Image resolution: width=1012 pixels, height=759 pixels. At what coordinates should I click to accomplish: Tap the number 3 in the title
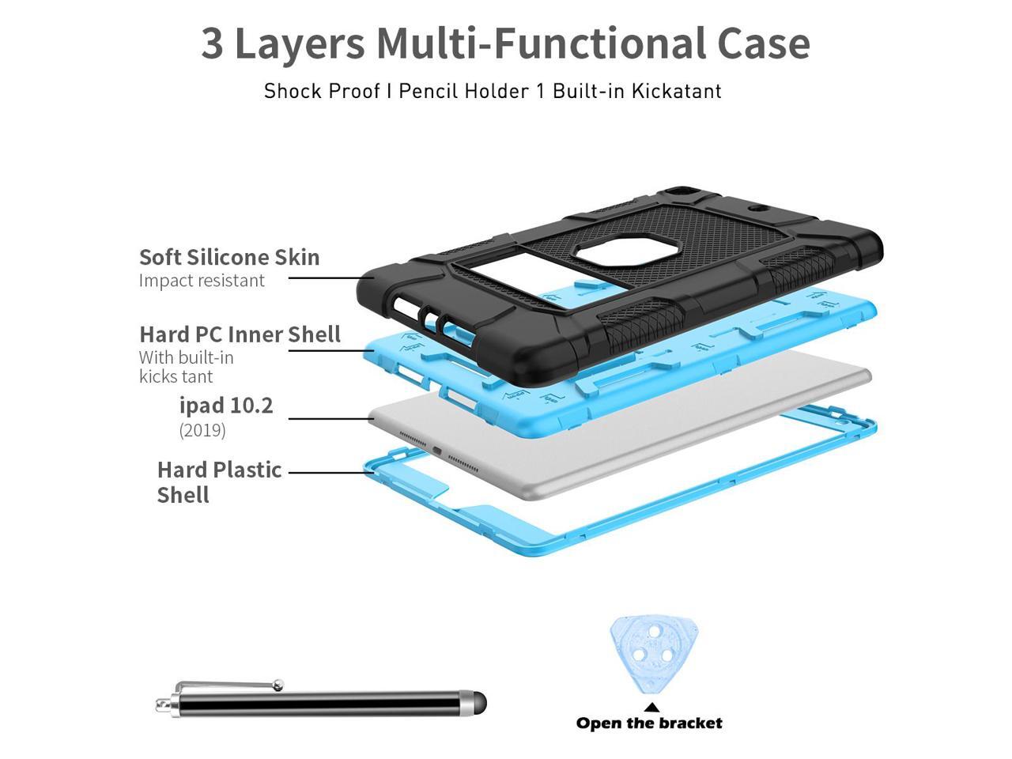tap(212, 43)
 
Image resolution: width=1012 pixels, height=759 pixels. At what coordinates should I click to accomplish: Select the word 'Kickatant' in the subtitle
tap(676, 91)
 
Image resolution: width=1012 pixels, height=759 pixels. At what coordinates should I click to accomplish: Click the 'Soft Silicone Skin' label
tap(229, 257)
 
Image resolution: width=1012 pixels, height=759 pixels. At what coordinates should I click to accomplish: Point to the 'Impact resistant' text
tap(202, 281)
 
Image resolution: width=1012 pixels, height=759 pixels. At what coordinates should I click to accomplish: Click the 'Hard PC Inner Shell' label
tap(240, 334)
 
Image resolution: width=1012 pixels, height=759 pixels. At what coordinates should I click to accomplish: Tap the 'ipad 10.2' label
tap(226, 406)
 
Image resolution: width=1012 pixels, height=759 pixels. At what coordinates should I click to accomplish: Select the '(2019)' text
tap(202, 430)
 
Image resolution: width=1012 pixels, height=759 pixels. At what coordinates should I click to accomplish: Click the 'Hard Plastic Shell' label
tap(219, 482)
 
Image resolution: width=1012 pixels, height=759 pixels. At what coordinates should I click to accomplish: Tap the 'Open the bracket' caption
tap(649, 723)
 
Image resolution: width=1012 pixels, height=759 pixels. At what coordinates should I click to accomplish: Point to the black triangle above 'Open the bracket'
tap(651, 707)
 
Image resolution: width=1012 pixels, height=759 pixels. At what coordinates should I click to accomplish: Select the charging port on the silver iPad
tap(436, 451)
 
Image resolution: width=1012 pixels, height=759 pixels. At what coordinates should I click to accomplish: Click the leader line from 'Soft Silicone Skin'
tap(331, 278)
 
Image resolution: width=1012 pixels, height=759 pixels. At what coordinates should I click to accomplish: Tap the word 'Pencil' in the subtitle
tap(429, 91)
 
